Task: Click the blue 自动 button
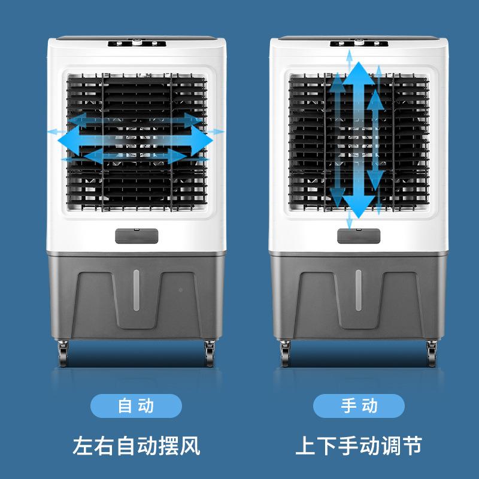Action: (135, 407)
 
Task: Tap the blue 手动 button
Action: (359, 407)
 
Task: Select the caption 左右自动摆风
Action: (135, 446)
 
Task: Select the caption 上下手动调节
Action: (359, 446)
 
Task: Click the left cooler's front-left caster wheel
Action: (63, 353)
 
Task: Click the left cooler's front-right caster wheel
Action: (210, 353)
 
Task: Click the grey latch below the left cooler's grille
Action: (137, 235)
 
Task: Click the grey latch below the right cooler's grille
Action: (358, 235)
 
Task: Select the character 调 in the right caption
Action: (390, 446)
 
